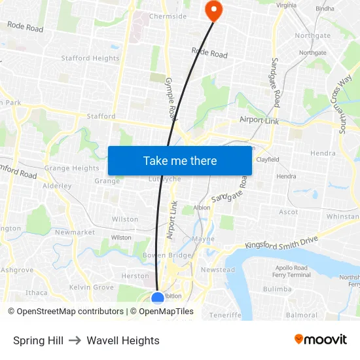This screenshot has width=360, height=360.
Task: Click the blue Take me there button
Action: [x=180, y=160]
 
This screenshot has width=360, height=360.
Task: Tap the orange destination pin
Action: [x=213, y=9]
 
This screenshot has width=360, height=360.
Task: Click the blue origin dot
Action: [x=158, y=298]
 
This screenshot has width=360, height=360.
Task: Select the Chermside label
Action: [x=168, y=16]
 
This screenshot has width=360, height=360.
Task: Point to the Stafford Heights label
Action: [x=90, y=58]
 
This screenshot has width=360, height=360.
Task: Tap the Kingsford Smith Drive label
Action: [x=281, y=242]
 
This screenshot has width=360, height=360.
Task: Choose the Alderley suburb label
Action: [x=57, y=186]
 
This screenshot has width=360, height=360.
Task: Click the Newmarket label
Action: [x=75, y=232]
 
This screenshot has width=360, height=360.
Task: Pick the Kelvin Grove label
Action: [x=91, y=287]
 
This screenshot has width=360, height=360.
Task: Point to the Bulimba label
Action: [x=277, y=289]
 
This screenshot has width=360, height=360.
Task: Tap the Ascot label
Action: [x=289, y=212]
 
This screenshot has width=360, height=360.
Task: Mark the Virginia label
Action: [x=286, y=5]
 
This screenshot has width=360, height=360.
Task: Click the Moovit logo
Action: [x=320, y=340]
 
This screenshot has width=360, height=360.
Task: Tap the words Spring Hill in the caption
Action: [x=38, y=340]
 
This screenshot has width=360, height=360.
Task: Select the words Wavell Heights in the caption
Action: [x=123, y=340]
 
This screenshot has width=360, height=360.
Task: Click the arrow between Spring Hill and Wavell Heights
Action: [x=75, y=340]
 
